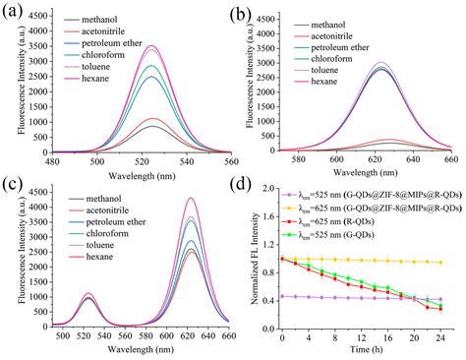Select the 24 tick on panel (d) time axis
tap(438, 336)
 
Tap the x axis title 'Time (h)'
tap(362, 350)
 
